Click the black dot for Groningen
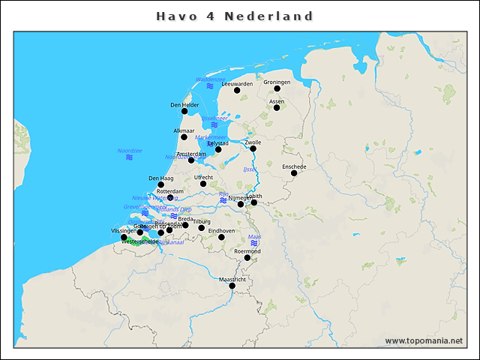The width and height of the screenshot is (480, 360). [x=277, y=88]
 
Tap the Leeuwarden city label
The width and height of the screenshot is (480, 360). [x=238, y=83]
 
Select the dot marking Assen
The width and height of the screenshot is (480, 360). [x=277, y=107]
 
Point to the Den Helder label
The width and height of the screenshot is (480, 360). [x=184, y=105]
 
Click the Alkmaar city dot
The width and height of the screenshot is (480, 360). [x=184, y=137]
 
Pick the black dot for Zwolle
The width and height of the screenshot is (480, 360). [x=253, y=148]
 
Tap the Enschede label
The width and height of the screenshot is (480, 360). [x=294, y=166]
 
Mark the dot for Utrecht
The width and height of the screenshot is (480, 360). [x=203, y=184]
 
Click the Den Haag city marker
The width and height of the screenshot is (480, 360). [x=160, y=184]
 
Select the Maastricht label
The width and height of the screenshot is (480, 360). [x=232, y=279]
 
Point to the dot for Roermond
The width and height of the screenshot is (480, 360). [x=247, y=258]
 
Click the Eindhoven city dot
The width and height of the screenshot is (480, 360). [x=221, y=238]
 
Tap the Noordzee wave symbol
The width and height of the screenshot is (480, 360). [x=130, y=157]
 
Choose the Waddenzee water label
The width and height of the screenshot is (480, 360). [x=210, y=79]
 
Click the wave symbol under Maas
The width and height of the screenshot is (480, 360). [x=254, y=243]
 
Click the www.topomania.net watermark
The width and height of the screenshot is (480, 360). [x=424, y=340]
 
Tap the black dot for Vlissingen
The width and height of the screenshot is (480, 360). [x=124, y=238]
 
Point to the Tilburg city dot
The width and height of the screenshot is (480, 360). [x=201, y=228]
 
